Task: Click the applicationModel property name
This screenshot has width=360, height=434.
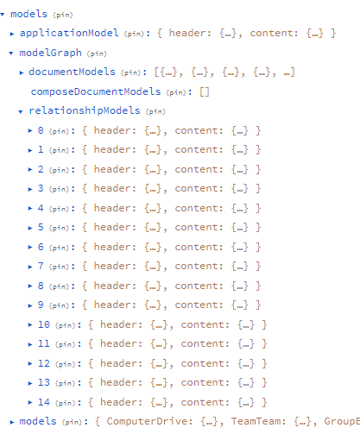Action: pyautogui.click(x=69, y=34)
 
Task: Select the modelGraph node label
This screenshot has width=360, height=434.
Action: pyautogui.click(x=51, y=53)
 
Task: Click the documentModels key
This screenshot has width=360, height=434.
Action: pyautogui.click(x=72, y=72)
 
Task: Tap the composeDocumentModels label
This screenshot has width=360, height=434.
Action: pyautogui.click(x=96, y=91)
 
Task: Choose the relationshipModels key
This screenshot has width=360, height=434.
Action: pyautogui.click(x=85, y=110)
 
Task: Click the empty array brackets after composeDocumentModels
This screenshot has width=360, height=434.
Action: pyautogui.click(x=205, y=92)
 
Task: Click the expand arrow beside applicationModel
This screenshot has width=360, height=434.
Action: pyautogui.click(x=12, y=34)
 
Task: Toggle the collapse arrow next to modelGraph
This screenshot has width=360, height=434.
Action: pyautogui.click(x=11, y=53)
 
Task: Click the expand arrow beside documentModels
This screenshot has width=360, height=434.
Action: pyautogui.click(x=22, y=72)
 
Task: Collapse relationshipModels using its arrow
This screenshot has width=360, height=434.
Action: pyautogui.click(x=20, y=111)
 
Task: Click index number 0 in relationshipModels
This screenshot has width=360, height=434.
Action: pyautogui.click(x=41, y=130)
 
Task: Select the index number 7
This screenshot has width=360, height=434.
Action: pyautogui.click(x=41, y=266)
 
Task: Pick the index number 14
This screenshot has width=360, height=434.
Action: pyautogui.click(x=44, y=402)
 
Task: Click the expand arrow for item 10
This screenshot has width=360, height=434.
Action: pyautogui.click(x=30, y=325)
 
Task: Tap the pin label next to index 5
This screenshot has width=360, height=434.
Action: pyautogui.click(x=60, y=228)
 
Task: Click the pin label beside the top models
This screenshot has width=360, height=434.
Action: pyautogui.click(x=63, y=15)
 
